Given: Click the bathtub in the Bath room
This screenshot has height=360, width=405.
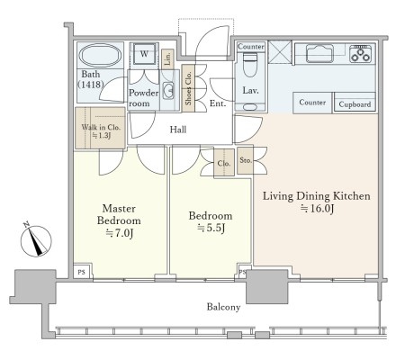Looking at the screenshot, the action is [x=100, y=56].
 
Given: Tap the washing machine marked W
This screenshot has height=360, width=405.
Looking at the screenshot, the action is [x=144, y=54].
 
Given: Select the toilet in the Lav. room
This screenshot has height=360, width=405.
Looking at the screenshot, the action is [x=250, y=65].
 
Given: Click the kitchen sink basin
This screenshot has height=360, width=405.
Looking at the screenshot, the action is [x=319, y=53].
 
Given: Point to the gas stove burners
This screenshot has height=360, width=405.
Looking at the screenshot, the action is [x=361, y=53].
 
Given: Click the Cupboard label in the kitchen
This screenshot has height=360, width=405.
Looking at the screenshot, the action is [x=355, y=104].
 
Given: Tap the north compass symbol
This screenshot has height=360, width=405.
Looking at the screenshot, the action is [x=36, y=240].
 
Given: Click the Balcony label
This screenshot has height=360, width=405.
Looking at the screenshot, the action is [x=223, y=307].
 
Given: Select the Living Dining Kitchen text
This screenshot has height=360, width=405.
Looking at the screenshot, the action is [x=317, y=196].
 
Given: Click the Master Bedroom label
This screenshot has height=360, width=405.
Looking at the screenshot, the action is [x=119, y=214].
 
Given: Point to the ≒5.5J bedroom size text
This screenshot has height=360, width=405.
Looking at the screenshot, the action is [x=211, y=229].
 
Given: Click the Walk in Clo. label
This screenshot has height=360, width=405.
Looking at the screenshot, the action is [x=101, y=127].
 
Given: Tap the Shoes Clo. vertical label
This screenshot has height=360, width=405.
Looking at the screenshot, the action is [x=188, y=88].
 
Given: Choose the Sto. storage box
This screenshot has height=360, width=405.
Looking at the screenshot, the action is [x=245, y=160].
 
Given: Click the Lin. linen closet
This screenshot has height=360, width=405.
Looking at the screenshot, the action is [x=167, y=58].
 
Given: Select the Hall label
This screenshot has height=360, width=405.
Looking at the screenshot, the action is [x=178, y=130].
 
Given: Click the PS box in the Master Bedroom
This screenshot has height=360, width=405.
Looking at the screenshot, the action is [x=81, y=272].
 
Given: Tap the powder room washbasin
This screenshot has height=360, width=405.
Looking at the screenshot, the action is [x=168, y=90].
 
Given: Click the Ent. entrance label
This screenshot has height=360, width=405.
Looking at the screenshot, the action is [x=218, y=103].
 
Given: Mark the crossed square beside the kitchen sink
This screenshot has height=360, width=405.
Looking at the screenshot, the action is [x=280, y=52].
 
